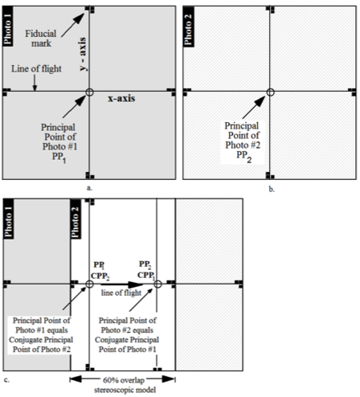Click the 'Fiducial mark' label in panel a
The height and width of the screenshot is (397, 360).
click(x=41, y=39)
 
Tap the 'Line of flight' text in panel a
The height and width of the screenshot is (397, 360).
click(x=36, y=69)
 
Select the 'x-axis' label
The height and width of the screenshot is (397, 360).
click(x=121, y=98)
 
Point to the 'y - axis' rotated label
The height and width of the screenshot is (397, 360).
click(x=83, y=54)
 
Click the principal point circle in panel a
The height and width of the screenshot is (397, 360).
click(x=89, y=92)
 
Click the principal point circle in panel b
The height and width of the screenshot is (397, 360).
click(x=270, y=92)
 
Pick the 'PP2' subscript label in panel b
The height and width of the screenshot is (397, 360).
click(x=243, y=157)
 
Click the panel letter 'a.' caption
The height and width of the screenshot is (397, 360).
click(x=89, y=188)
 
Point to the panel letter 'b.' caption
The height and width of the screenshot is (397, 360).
click(x=272, y=190)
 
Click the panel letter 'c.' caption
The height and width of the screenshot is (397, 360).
click(x=7, y=380)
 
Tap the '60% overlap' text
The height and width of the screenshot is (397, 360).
click(x=124, y=380)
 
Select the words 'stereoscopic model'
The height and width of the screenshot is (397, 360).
click(x=125, y=390)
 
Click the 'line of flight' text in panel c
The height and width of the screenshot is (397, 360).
click(x=121, y=293)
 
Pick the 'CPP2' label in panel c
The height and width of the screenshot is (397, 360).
click(x=100, y=276)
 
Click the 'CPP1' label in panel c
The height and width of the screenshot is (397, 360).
click(x=146, y=276)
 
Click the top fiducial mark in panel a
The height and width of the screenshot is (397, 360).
click(x=90, y=9)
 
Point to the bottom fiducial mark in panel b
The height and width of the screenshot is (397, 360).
click(x=270, y=176)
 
